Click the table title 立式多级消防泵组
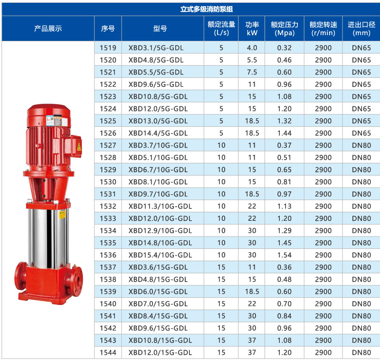coord(207,9)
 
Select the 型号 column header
coord(160,28)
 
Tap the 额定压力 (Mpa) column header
coord(285,28)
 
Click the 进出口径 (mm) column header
coord(361,28)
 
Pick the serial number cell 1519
coord(108,47)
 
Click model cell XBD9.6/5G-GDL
coord(156,85)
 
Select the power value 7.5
coord(252,72)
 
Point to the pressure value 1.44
coord(284,133)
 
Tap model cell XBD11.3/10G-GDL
coord(160,206)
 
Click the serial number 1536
coord(108,255)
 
